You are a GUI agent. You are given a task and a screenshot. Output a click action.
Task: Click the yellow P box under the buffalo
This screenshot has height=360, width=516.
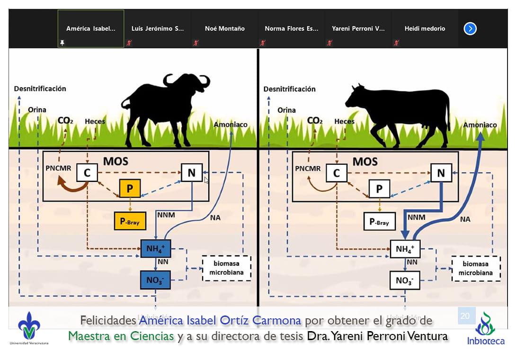(130, 189)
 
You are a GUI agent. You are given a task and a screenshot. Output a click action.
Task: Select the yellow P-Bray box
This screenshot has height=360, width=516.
(130, 221)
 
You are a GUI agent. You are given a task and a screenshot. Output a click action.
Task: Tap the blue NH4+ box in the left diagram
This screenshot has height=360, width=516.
(156, 249)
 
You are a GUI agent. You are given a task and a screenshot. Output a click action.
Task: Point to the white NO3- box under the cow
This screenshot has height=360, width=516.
(405, 280)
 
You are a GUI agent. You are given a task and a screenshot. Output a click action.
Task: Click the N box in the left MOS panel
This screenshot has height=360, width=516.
(191, 173)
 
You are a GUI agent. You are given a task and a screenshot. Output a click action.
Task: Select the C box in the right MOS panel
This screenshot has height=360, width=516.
(336, 173)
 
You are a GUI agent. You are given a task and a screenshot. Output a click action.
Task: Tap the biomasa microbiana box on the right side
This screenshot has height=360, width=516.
(476, 268)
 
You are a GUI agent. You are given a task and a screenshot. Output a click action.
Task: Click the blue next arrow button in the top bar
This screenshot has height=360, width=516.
(470, 29)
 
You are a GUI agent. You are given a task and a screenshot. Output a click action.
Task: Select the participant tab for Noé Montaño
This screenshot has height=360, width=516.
(225, 29)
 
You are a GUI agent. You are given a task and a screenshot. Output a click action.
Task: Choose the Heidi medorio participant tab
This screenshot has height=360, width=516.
(424, 29)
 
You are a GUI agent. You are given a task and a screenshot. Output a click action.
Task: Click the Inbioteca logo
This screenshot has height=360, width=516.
(485, 328)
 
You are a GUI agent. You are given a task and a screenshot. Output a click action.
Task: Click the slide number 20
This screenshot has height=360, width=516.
(465, 316)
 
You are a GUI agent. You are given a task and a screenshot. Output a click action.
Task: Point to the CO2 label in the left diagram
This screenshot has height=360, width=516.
(65, 121)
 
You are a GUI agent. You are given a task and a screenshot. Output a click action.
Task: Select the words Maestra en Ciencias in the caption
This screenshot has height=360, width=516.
(121, 336)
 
